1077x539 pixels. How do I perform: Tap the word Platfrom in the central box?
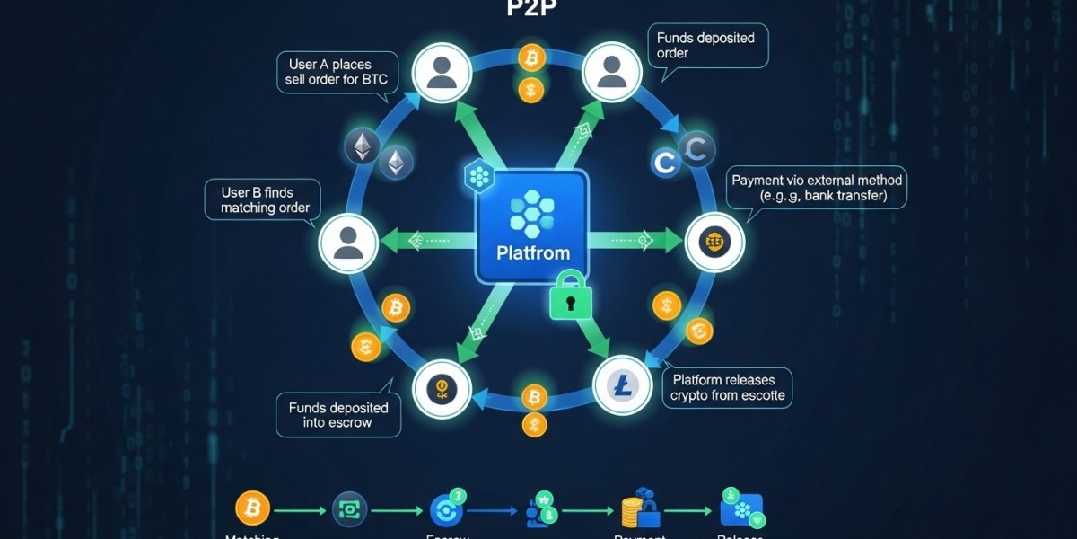coord(532,253)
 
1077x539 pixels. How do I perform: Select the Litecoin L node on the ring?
coord(622,386)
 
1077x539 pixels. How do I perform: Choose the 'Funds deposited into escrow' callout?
coord(337,414)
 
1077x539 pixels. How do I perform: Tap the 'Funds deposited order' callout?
coord(705,45)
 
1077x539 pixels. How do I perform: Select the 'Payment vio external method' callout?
coord(817,188)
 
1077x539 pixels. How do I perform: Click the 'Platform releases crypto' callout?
coord(727,387)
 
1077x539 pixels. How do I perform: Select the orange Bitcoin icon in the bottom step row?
coord(252,508)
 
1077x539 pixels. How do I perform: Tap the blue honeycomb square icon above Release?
coord(741,509)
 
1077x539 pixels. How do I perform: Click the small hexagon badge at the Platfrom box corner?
coord(479,176)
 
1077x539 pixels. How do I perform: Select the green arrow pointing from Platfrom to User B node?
coord(422,241)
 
